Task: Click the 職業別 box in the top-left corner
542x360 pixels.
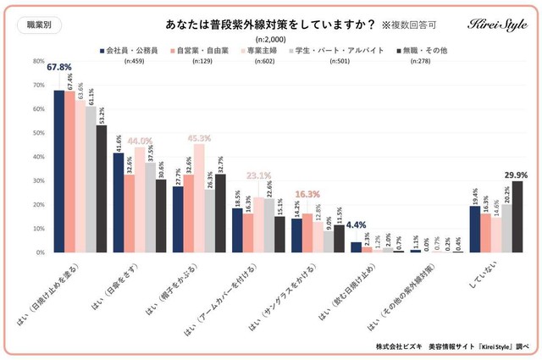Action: [32, 24]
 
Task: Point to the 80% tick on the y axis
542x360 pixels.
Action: [37, 62]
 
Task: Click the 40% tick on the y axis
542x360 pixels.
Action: [37, 158]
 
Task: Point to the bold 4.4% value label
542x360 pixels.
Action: [355, 225]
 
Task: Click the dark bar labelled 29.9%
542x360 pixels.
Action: [517, 217]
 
